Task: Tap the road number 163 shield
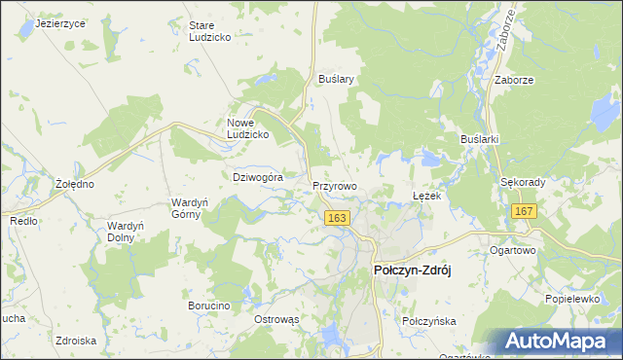[x=337, y=220]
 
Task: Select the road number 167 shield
[x=525, y=212]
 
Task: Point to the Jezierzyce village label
[x=59, y=22]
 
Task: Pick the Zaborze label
[x=516, y=81]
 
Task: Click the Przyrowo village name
[x=335, y=184]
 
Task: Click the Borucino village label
[x=208, y=306]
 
